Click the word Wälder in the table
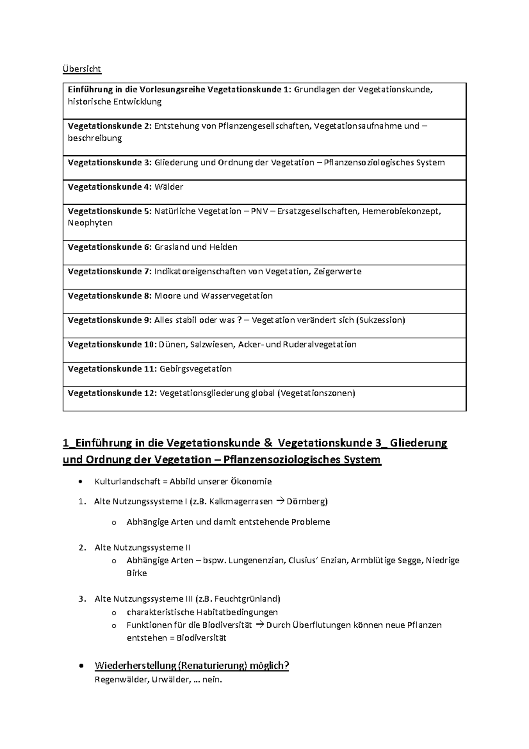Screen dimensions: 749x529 tap(169, 187)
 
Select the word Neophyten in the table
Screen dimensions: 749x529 tap(90, 223)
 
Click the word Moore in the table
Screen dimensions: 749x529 tap(168, 296)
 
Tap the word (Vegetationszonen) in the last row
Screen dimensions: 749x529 tap(316, 393)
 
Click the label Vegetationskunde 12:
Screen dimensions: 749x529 tap(112, 393)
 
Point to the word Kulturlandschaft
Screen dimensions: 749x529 tap(124, 482)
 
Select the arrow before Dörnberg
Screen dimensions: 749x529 tap(280, 502)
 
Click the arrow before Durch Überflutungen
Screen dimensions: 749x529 tap(259, 625)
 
